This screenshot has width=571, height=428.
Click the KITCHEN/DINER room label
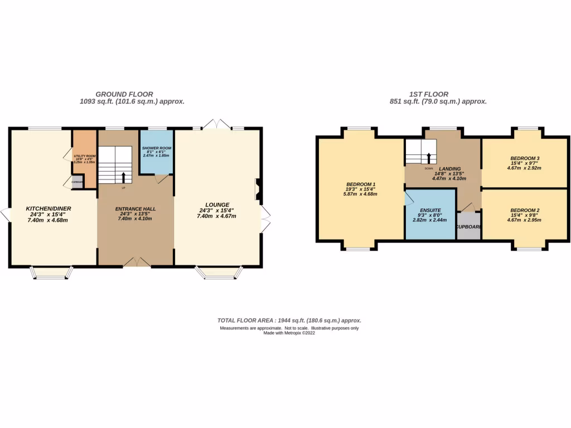[x=49, y=209]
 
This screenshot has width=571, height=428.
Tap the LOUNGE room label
[x=217, y=205]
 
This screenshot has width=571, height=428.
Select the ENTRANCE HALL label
[x=136, y=209]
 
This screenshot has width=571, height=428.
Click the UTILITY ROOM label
[x=85, y=157]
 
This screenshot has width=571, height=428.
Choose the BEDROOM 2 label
[x=525, y=211]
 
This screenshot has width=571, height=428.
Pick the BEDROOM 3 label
[x=525, y=158]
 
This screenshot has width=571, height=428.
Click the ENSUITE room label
[x=430, y=211]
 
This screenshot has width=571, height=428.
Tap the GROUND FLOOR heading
[x=124, y=94]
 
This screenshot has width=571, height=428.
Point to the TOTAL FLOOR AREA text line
[x=289, y=320]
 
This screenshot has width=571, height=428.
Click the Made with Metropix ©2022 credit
[x=289, y=333]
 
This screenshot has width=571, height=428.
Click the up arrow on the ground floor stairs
[x=123, y=177]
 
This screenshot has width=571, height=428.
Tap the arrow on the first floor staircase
[x=428, y=158]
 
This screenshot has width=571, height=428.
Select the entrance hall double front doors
[x=136, y=262]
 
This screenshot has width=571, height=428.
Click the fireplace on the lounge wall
[x=257, y=188]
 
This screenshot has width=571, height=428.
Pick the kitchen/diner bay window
[x=51, y=273]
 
